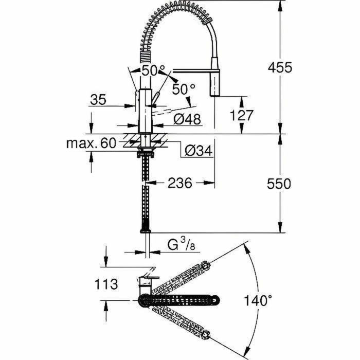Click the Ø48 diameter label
point(187,119)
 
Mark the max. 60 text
point(92,143)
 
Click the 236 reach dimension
point(181,183)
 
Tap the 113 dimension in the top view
point(105,283)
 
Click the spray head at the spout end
point(215,83)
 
